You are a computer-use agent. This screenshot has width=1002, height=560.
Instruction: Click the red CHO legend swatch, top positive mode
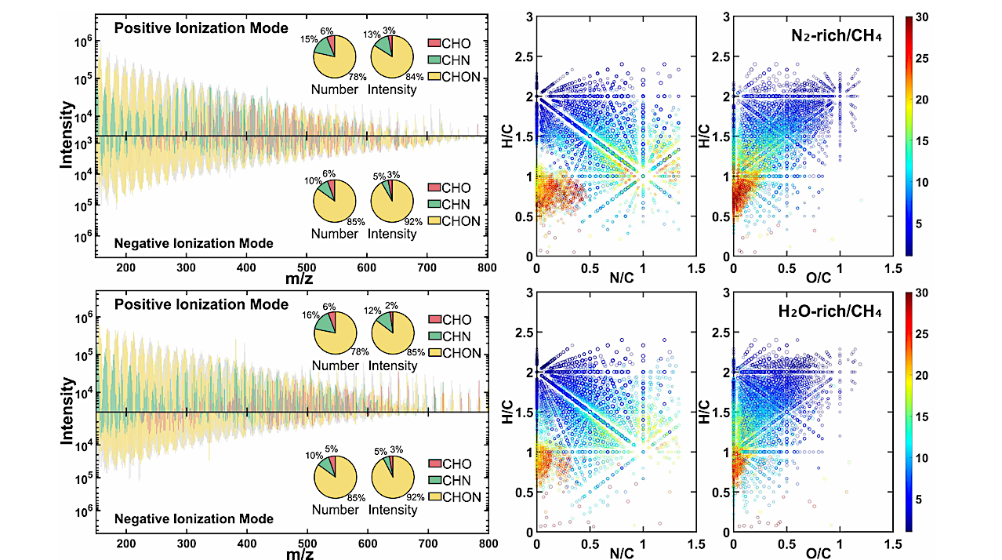point(436,42)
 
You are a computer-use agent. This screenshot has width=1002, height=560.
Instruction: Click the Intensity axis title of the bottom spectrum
point(68,411)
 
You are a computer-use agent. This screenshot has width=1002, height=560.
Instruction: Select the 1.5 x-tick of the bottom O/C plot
point(892,543)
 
